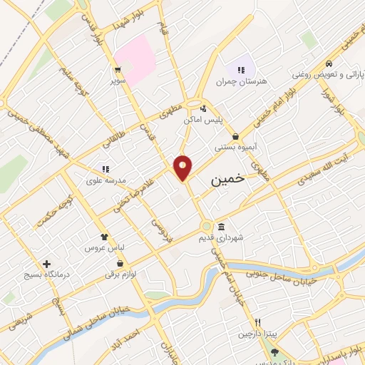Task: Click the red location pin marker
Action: coord(183,167)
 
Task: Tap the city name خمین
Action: coord(228,180)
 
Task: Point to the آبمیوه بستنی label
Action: coord(235,148)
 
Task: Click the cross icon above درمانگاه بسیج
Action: coord(46,264)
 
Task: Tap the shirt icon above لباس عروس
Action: coord(105,237)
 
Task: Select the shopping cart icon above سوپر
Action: coord(117,71)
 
